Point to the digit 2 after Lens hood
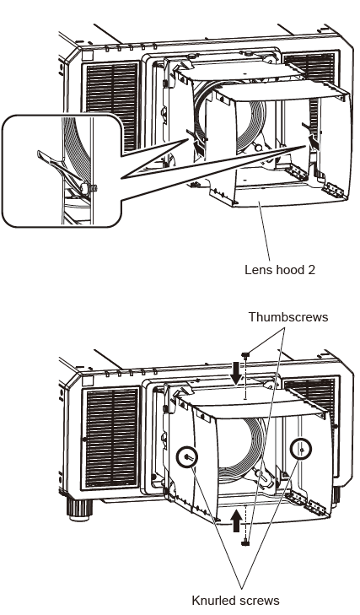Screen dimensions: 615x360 point(300,272)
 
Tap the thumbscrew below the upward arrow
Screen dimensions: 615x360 point(244,542)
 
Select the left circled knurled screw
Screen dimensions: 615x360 point(186,456)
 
